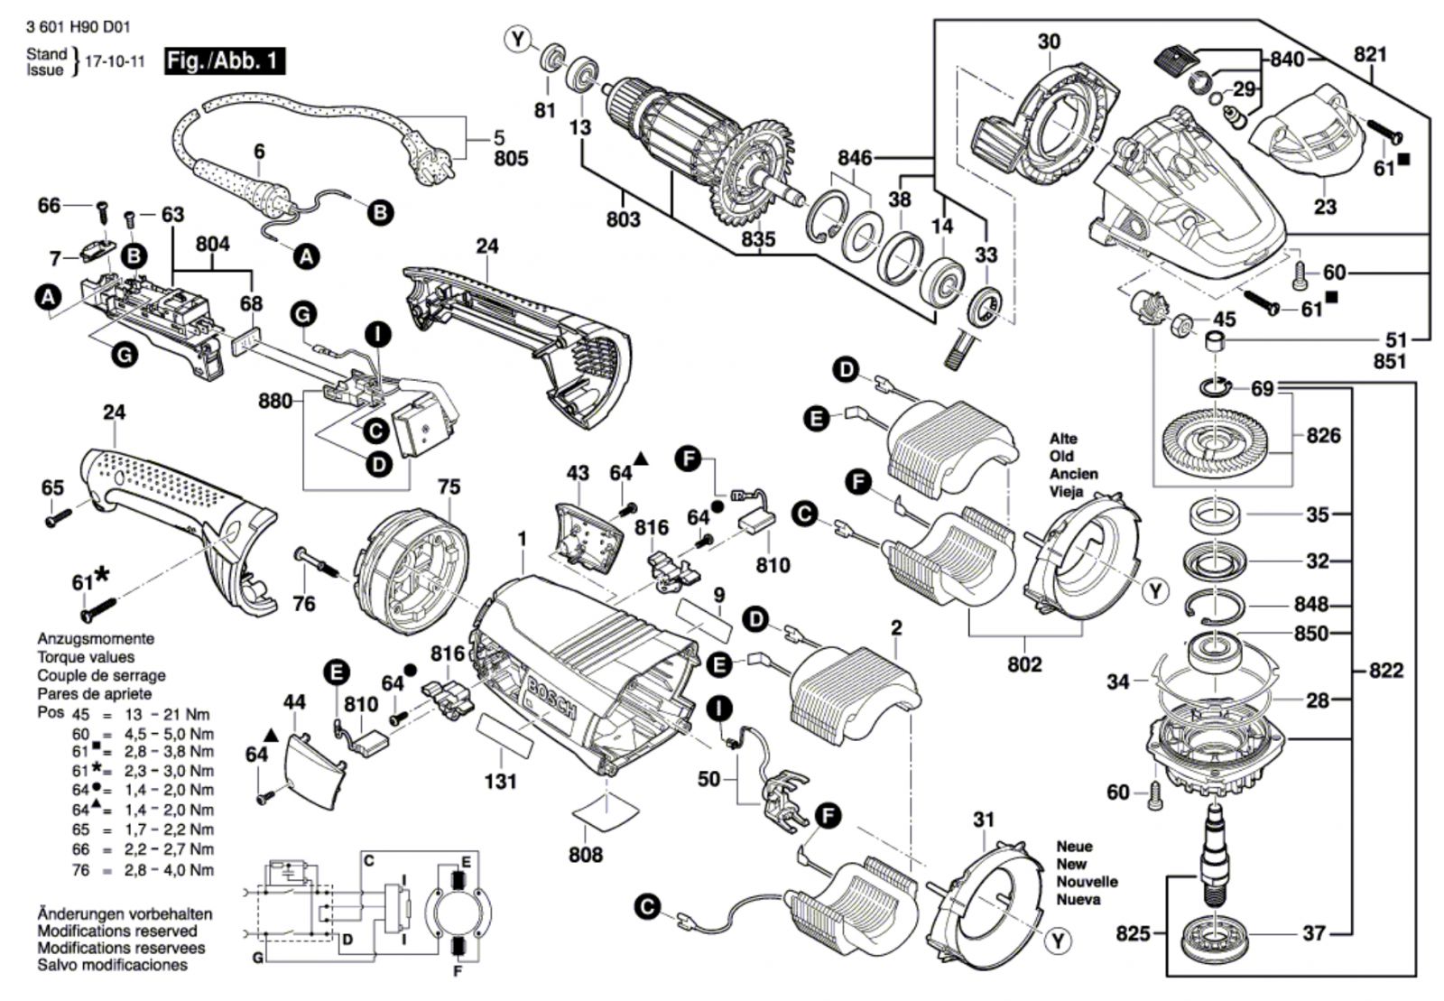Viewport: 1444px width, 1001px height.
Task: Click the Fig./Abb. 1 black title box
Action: pyautogui.click(x=225, y=61)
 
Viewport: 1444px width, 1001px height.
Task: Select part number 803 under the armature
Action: pyautogui.click(x=624, y=220)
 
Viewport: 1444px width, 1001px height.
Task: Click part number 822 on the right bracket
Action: pyautogui.click(x=1386, y=671)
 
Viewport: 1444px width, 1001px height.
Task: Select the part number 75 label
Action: pyautogui.click(x=449, y=487)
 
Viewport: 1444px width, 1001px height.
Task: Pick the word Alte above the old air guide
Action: pyautogui.click(x=1063, y=439)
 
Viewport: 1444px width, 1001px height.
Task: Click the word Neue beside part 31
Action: pyautogui.click(x=1074, y=847)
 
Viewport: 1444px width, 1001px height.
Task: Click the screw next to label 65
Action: pyautogui.click(x=59, y=518)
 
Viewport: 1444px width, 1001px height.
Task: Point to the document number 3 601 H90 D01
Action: pyautogui.click(x=79, y=28)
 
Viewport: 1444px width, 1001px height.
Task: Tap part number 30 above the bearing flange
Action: pyautogui.click(x=1049, y=42)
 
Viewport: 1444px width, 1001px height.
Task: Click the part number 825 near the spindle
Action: pyautogui.click(x=1133, y=933)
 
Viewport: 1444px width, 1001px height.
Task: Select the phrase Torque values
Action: pyautogui.click(x=86, y=657)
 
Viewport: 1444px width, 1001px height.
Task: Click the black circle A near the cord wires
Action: pyautogui.click(x=306, y=257)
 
